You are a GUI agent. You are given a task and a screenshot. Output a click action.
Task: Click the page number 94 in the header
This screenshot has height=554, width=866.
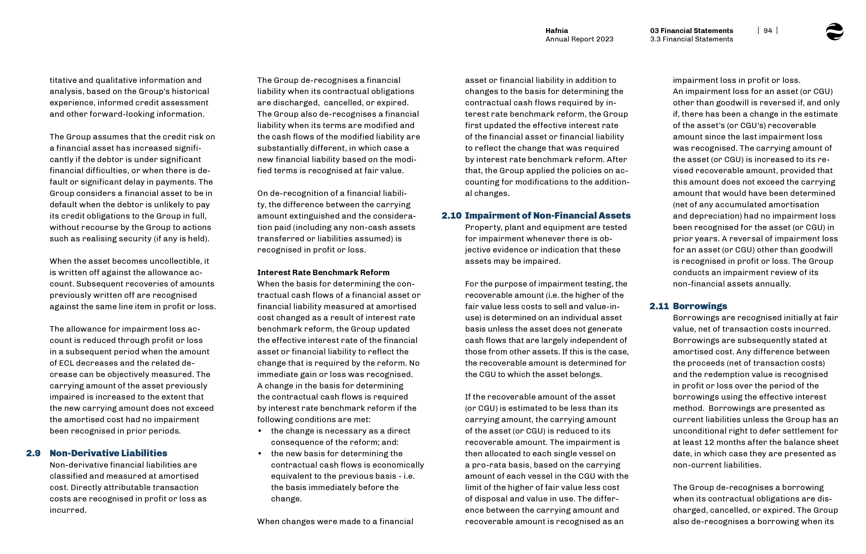[x=768, y=31]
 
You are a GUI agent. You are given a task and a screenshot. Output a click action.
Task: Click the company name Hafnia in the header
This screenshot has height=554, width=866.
[x=557, y=31]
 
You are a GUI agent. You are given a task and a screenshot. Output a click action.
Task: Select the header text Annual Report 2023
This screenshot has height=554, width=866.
[x=579, y=39]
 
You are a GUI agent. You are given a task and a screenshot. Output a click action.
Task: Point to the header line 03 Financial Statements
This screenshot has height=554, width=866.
[x=691, y=31]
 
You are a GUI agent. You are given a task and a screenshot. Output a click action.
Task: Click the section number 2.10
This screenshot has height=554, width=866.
[x=451, y=215]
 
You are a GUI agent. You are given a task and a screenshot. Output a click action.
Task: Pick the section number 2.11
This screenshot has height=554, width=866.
[x=659, y=306]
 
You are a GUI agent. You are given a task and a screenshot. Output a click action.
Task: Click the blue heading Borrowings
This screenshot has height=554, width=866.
[x=700, y=306]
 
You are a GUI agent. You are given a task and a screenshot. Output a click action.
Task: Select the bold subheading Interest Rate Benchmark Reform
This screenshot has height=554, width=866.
[x=323, y=272]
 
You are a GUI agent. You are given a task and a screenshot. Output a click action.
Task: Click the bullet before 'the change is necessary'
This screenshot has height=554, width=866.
[x=260, y=431]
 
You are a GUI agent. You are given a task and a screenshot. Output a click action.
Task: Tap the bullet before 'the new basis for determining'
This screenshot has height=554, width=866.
[x=260, y=454]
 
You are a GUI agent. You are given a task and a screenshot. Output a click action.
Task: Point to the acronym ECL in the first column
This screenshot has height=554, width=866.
[x=66, y=363]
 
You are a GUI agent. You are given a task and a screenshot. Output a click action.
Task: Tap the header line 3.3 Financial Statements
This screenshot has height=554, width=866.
[x=691, y=39]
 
